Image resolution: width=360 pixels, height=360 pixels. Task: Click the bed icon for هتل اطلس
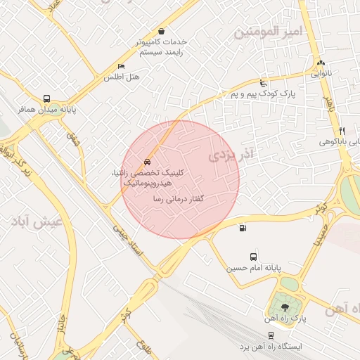[x=121, y=66]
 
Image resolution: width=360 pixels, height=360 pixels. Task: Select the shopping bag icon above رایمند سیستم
[x=162, y=31]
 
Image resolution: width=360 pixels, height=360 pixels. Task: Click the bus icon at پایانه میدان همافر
[x=46, y=99]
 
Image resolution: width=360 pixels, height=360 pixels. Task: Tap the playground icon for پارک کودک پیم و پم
[x=263, y=82]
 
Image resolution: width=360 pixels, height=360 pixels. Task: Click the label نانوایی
[x=321, y=72]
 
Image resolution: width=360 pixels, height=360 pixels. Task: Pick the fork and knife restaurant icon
[x=342, y=131]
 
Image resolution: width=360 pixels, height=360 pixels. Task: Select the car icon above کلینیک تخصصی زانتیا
[x=146, y=162]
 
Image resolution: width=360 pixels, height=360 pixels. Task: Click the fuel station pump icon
[x=243, y=227]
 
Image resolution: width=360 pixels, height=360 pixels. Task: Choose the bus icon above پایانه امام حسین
[x=253, y=257]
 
